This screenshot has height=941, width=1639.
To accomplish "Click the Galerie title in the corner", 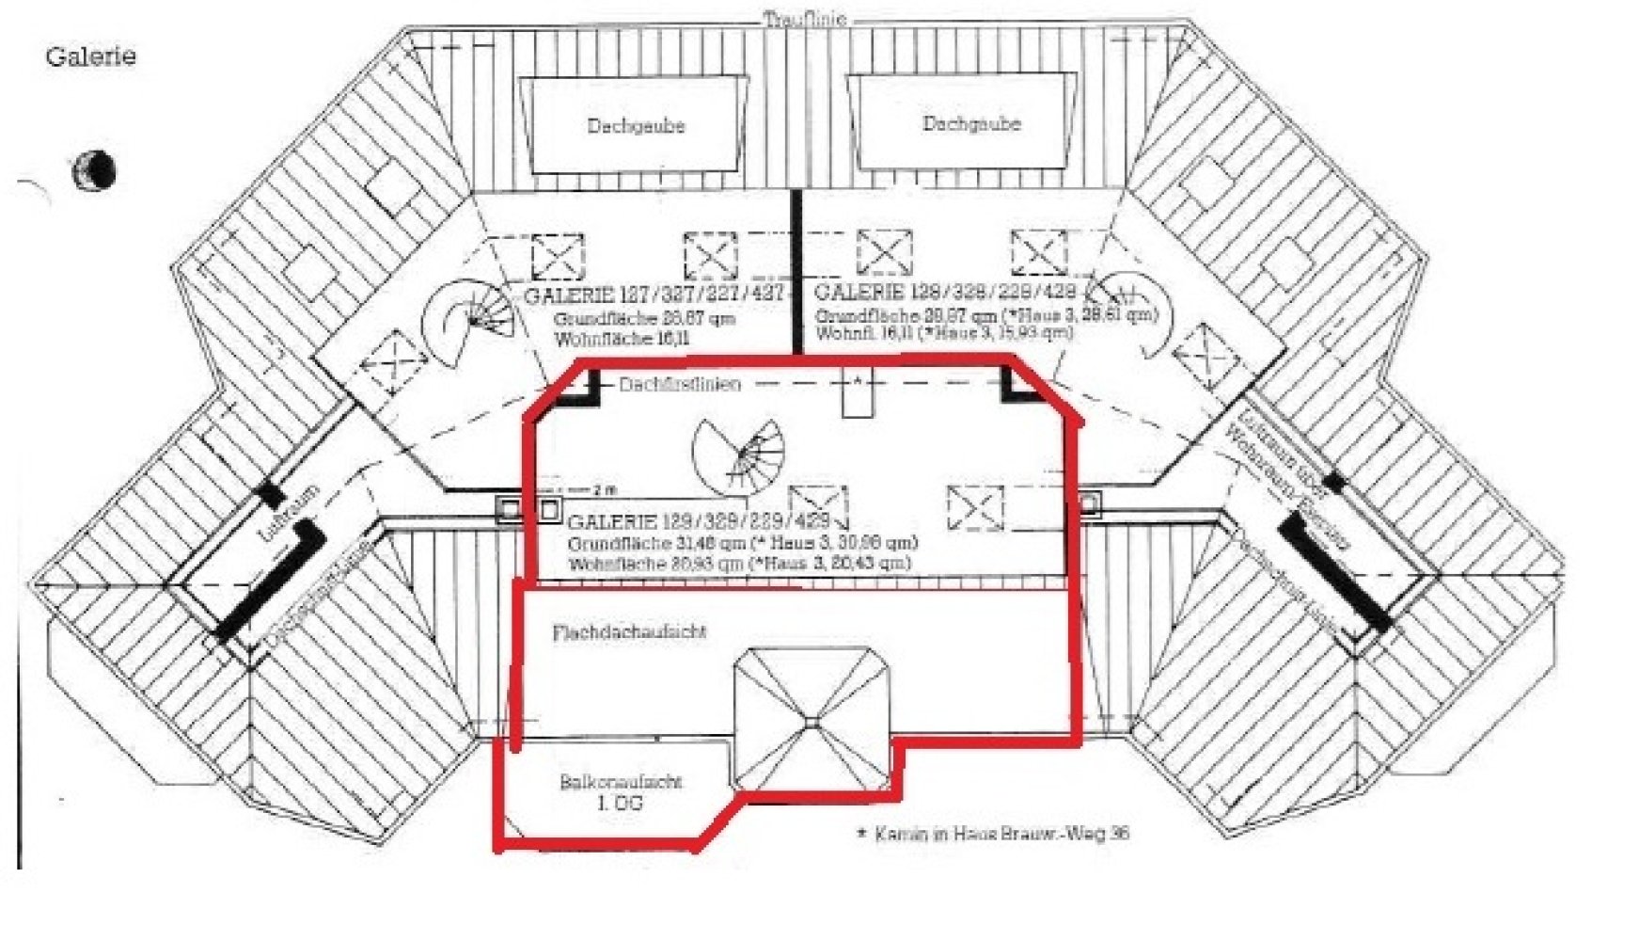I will pos(90,56).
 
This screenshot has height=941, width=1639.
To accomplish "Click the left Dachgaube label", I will pos(636,125).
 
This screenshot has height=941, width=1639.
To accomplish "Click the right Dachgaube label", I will pos(971,123).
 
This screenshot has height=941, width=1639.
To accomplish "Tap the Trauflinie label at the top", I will pos(804,19).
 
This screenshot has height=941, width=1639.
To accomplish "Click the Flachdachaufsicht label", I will pos(629,631).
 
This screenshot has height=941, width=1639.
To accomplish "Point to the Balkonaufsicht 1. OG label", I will pos(621,791).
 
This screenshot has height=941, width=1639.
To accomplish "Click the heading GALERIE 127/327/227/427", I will pos(653,295).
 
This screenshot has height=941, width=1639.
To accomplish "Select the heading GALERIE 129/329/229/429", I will pos(700,521).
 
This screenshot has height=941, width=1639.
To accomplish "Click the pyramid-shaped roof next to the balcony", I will pos(812,720).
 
